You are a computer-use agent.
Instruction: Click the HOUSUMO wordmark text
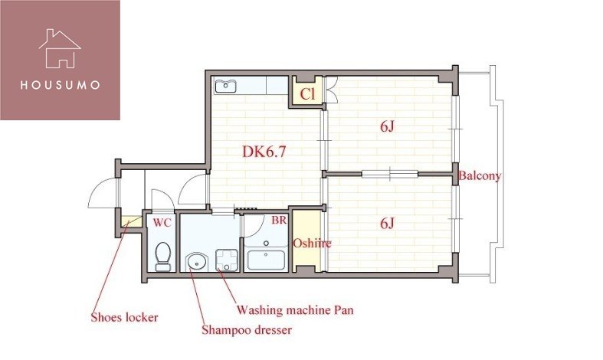tap(60, 85)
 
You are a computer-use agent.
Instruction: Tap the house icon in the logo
tap(60, 49)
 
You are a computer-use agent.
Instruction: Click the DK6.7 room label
tap(264, 152)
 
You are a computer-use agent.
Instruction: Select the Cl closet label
tap(307, 94)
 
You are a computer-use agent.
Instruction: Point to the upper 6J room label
tap(387, 126)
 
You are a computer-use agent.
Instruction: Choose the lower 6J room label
tap(387, 223)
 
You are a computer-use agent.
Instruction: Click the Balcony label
tap(480, 175)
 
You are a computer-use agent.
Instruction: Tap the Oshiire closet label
tap(312, 243)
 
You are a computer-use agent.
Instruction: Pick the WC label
tap(162, 222)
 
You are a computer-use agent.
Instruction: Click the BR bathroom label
tap(279, 220)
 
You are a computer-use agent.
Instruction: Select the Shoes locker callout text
tap(124, 317)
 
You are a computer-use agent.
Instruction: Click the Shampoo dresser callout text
tap(247, 329)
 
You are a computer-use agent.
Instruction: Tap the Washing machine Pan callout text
tap(294, 309)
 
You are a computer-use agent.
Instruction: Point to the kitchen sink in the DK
tap(225, 86)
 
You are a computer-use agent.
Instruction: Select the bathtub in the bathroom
tap(266, 260)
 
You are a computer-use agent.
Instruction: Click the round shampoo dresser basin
tap(196, 262)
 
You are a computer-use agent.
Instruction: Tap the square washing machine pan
tap(227, 260)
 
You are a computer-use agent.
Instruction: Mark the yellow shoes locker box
tap(131, 222)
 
